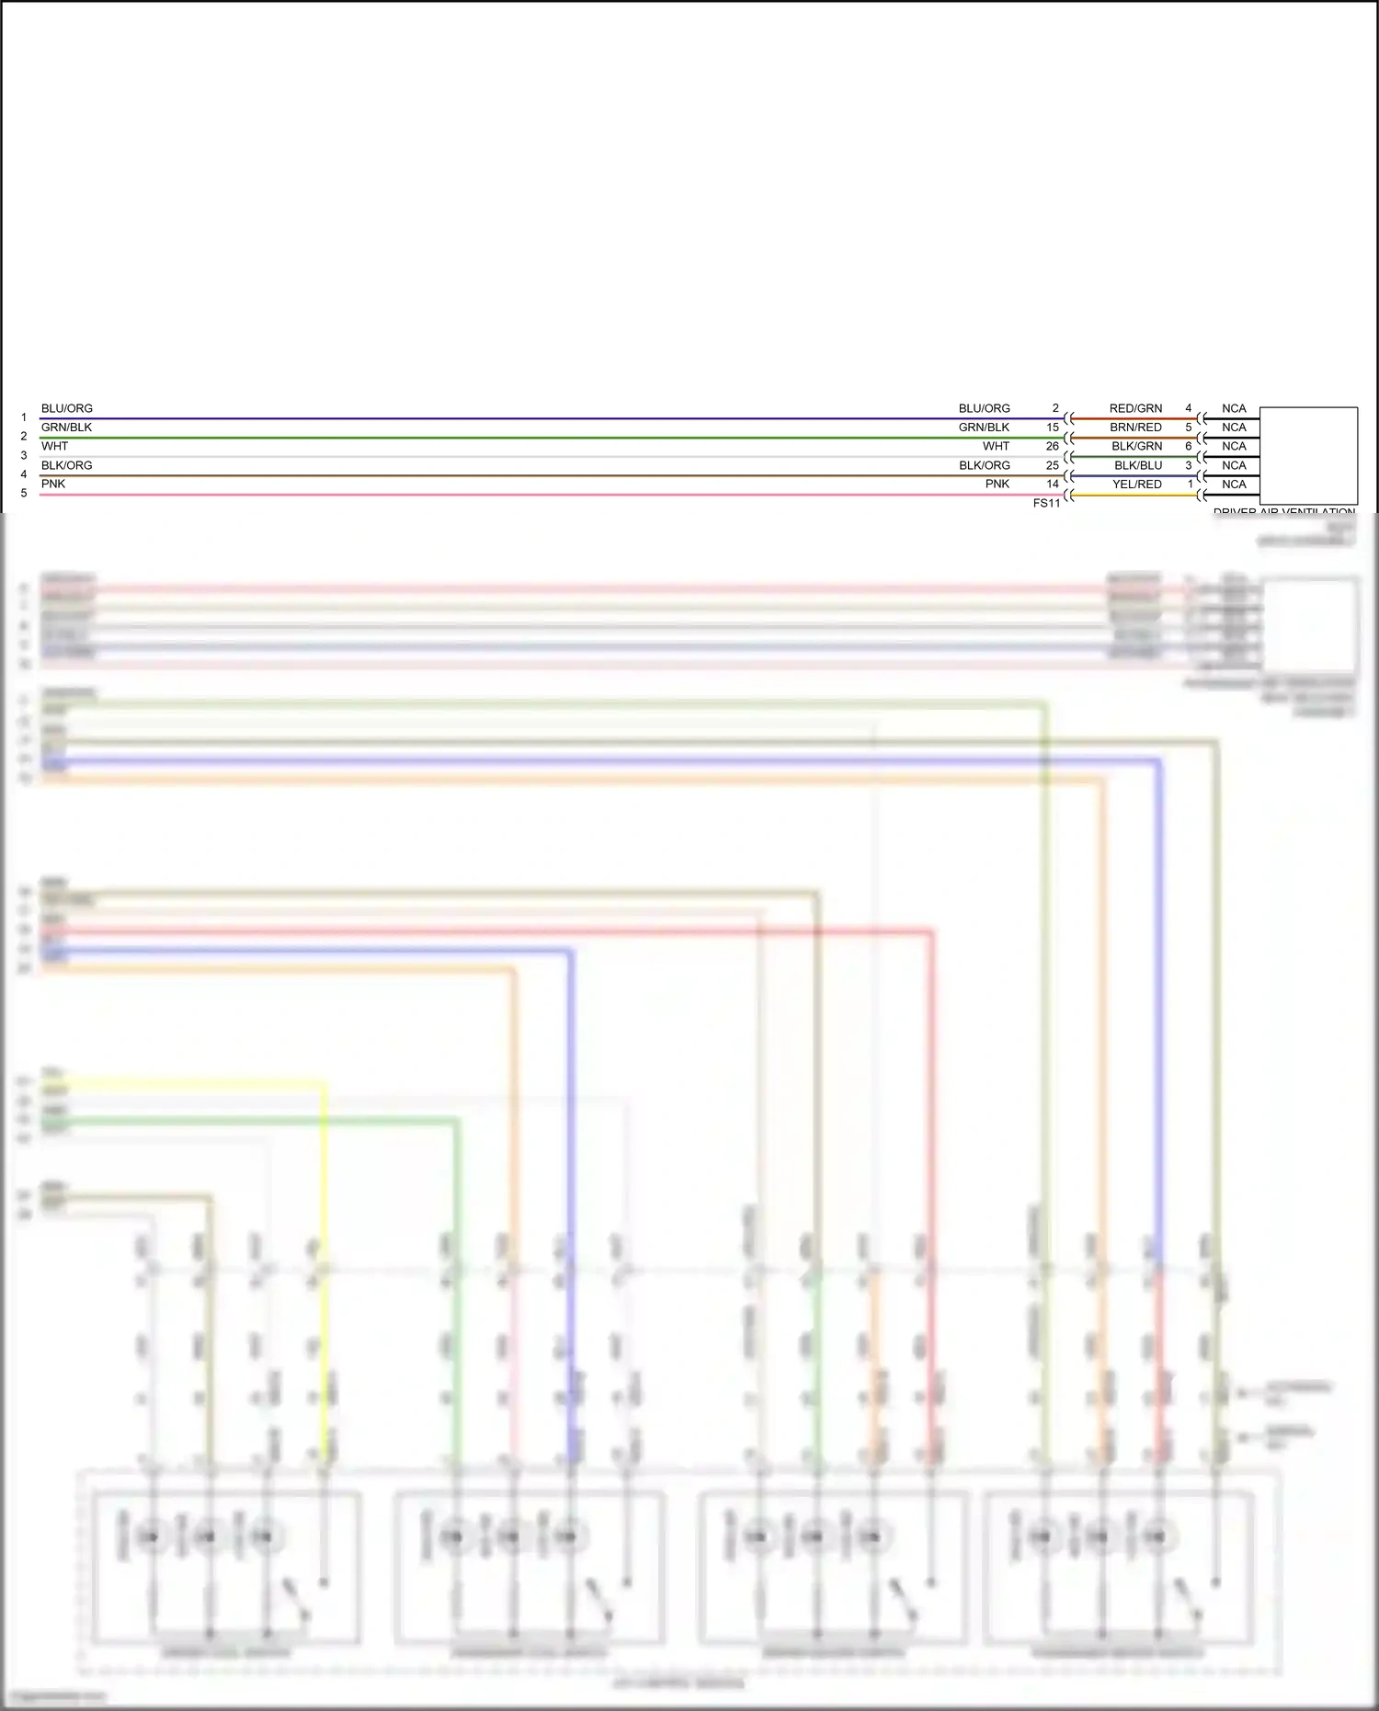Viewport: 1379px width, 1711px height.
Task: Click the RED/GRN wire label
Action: click(x=1135, y=408)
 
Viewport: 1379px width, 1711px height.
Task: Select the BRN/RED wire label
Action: click(x=1135, y=428)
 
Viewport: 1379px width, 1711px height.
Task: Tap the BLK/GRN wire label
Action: click(x=1136, y=446)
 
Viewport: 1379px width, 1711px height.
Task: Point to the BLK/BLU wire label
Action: click(x=1138, y=465)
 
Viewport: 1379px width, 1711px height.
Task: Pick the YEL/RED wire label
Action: click(x=1137, y=485)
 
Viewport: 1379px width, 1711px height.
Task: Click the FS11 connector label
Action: click(x=1046, y=504)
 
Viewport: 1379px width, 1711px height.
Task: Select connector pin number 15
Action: click(x=1053, y=428)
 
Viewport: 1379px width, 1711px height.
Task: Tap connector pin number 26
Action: click(x=1053, y=446)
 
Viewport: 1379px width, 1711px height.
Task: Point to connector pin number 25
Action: click(x=1053, y=465)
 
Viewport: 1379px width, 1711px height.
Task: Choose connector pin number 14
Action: click(x=1053, y=485)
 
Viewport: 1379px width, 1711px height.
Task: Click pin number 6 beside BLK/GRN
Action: click(x=1189, y=446)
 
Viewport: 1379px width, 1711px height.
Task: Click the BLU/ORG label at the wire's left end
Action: click(x=67, y=408)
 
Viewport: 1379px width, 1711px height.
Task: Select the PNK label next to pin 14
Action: click(x=997, y=485)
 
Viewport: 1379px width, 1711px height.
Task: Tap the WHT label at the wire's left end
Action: click(x=55, y=446)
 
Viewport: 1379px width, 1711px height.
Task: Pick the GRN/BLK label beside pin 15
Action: click(x=984, y=428)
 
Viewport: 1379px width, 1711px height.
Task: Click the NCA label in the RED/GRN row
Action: click(x=1234, y=408)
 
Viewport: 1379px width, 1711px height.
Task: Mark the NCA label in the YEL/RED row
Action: click(x=1234, y=485)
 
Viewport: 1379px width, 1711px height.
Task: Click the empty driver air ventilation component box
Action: click(x=1308, y=455)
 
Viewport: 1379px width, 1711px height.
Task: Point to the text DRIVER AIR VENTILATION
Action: click(x=1283, y=511)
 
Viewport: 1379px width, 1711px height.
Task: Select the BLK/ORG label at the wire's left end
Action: click(x=67, y=465)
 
